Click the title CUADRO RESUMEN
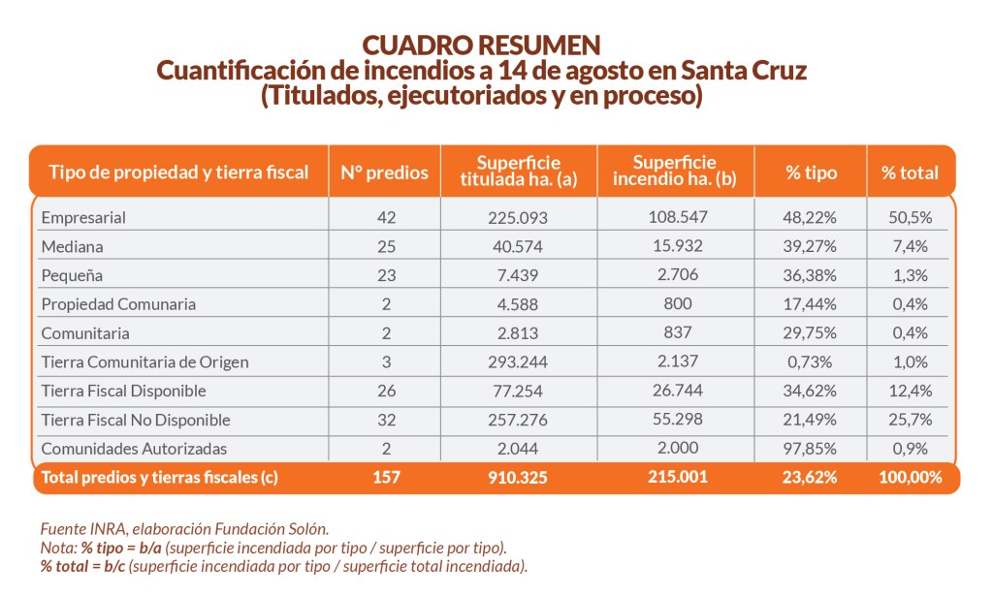(480, 46)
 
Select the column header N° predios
(384, 173)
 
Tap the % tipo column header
(811, 173)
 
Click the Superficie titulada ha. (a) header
(519, 172)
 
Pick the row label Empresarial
(83, 217)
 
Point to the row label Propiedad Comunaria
(118, 304)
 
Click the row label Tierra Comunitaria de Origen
(144, 362)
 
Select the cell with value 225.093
(519, 217)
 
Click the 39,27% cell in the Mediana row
(811, 246)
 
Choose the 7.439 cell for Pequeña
(519, 275)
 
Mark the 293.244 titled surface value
(519, 362)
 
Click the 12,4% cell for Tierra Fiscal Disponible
(910, 392)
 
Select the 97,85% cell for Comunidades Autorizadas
(811, 450)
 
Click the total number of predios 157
(384, 477)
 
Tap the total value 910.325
(519, 477)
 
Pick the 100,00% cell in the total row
(910, 477)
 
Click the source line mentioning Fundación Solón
(184, 529)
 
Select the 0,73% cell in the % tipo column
(811, 362)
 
